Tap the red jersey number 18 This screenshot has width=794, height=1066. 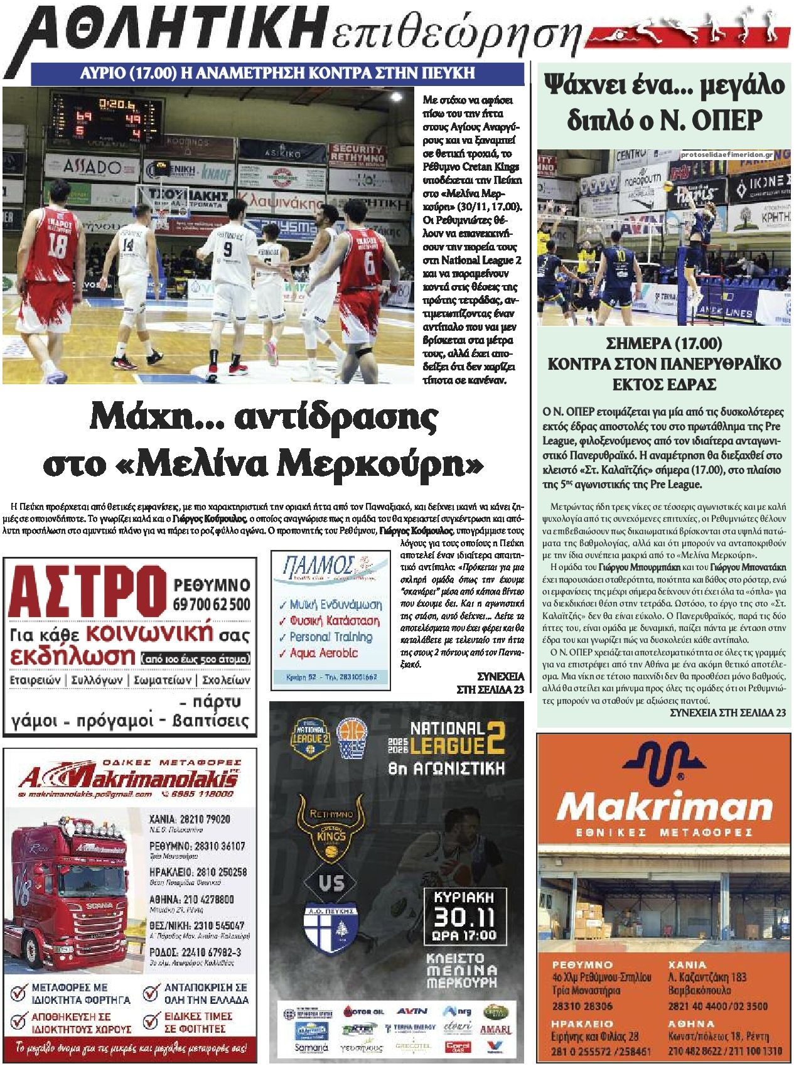(58, 245)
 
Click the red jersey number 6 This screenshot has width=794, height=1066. (369, 262)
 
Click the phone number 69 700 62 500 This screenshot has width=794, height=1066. (212, 604)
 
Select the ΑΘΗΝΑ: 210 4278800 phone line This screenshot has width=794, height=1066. (191, 900)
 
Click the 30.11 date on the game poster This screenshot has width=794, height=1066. (464, 917)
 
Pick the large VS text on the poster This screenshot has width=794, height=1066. (331, 883)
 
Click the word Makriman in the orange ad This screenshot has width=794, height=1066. (665, 807)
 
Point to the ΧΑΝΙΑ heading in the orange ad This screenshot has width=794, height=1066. (687, 964)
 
